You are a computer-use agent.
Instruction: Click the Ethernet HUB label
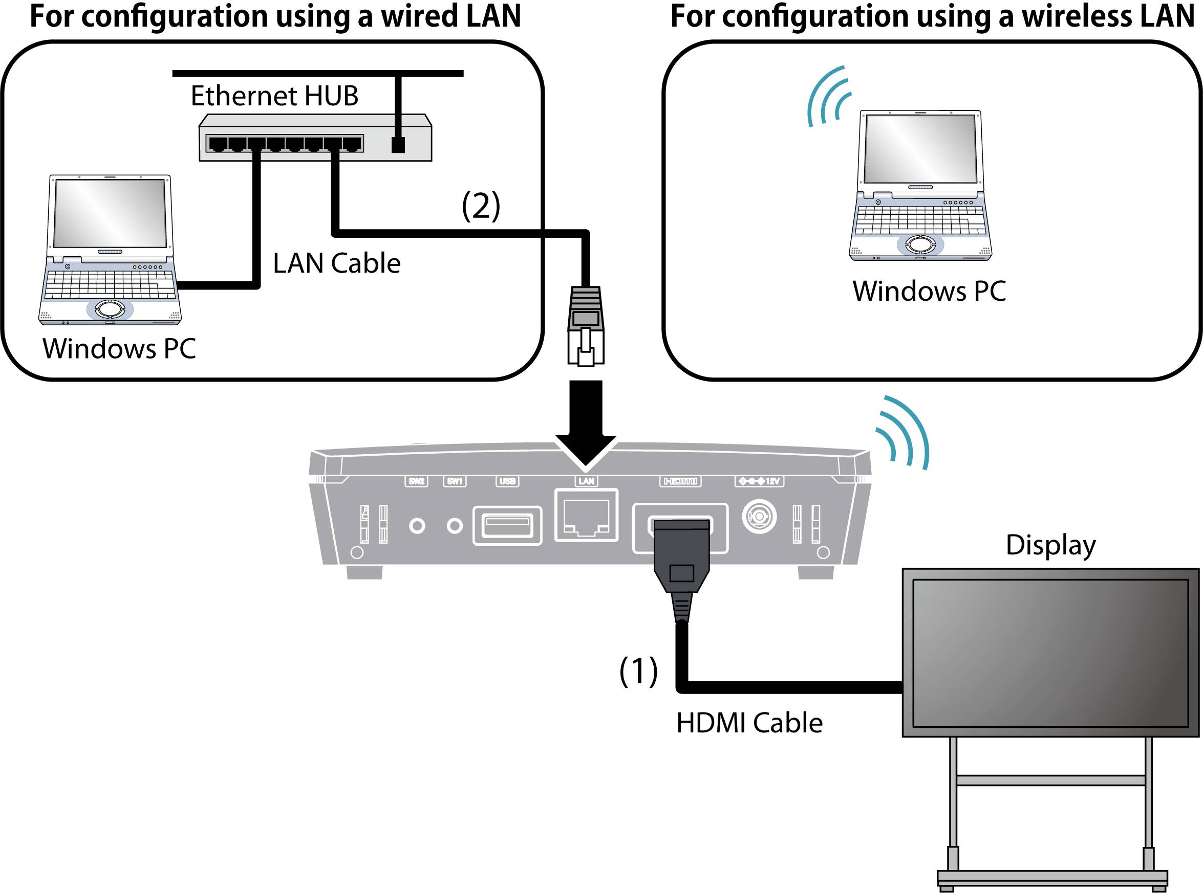click(x=274, y=96)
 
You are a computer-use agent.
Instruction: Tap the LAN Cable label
click(x=336, y=263)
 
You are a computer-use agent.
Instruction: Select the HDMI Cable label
click(x=749, y=723)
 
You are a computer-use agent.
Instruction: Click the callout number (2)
click(x=481, y=206)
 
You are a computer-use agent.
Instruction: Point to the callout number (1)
click(x=638, y=671)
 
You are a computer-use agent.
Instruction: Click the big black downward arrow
click(x=586, y=421)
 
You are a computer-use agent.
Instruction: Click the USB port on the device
click(x=507, y=525)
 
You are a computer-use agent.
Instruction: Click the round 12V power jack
click(x=760, y=516)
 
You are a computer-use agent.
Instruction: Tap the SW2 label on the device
click(x=416, y=481)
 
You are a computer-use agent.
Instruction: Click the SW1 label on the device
click(x=455, y=481)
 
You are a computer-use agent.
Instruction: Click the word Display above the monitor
click(x=1050, y=545)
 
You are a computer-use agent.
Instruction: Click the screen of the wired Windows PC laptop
click(x=110, y=213)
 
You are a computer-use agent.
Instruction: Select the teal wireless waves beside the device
click(x=902, y=433)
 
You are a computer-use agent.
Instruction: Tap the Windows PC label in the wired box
click(x=119, y=349)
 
